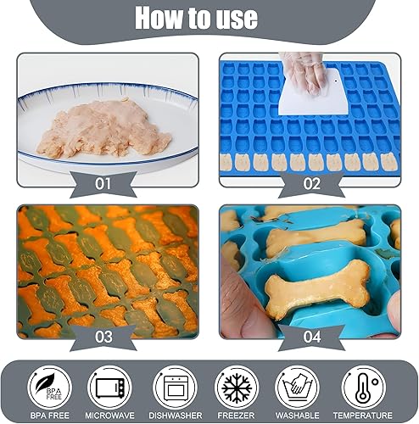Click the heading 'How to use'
coord(209,17)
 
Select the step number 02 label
coord(311,182)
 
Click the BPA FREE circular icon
coord(47,387)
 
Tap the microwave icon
coord(110,387)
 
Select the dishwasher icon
coord(174,387)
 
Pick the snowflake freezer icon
coord(237,387)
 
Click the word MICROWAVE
coord(110,416)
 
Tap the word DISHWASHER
coord(174,416)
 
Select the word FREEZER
coord(237,416)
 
